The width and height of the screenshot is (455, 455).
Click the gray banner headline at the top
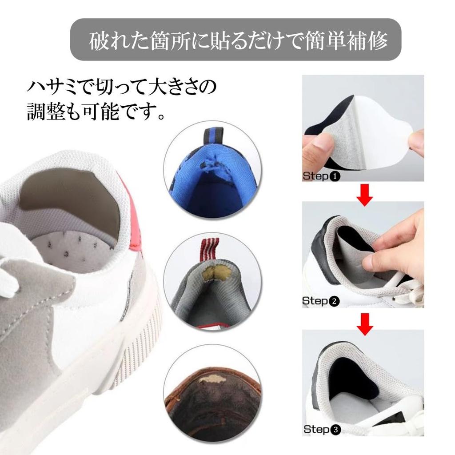coord(236,40)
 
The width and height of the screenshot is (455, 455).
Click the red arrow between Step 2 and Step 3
coord(364,323)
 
